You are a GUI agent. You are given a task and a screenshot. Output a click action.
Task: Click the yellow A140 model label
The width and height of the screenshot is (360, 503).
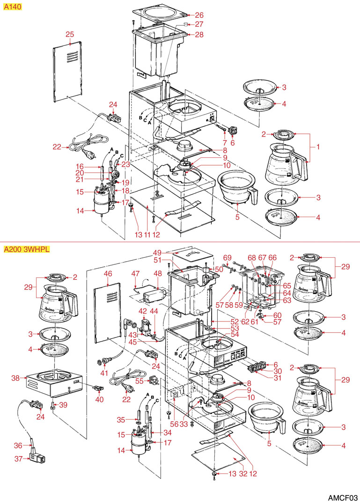12,7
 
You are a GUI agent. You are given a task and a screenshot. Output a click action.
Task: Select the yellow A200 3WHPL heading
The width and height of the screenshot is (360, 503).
26,249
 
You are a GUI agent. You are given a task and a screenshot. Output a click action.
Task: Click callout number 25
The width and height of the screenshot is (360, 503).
70,34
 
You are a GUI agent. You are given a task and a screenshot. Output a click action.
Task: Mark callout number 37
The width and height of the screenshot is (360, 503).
18,459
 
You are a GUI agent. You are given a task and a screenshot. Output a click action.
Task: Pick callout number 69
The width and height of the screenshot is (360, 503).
227,257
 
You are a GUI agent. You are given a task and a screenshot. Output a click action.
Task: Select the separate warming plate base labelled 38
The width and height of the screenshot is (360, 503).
51,379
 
